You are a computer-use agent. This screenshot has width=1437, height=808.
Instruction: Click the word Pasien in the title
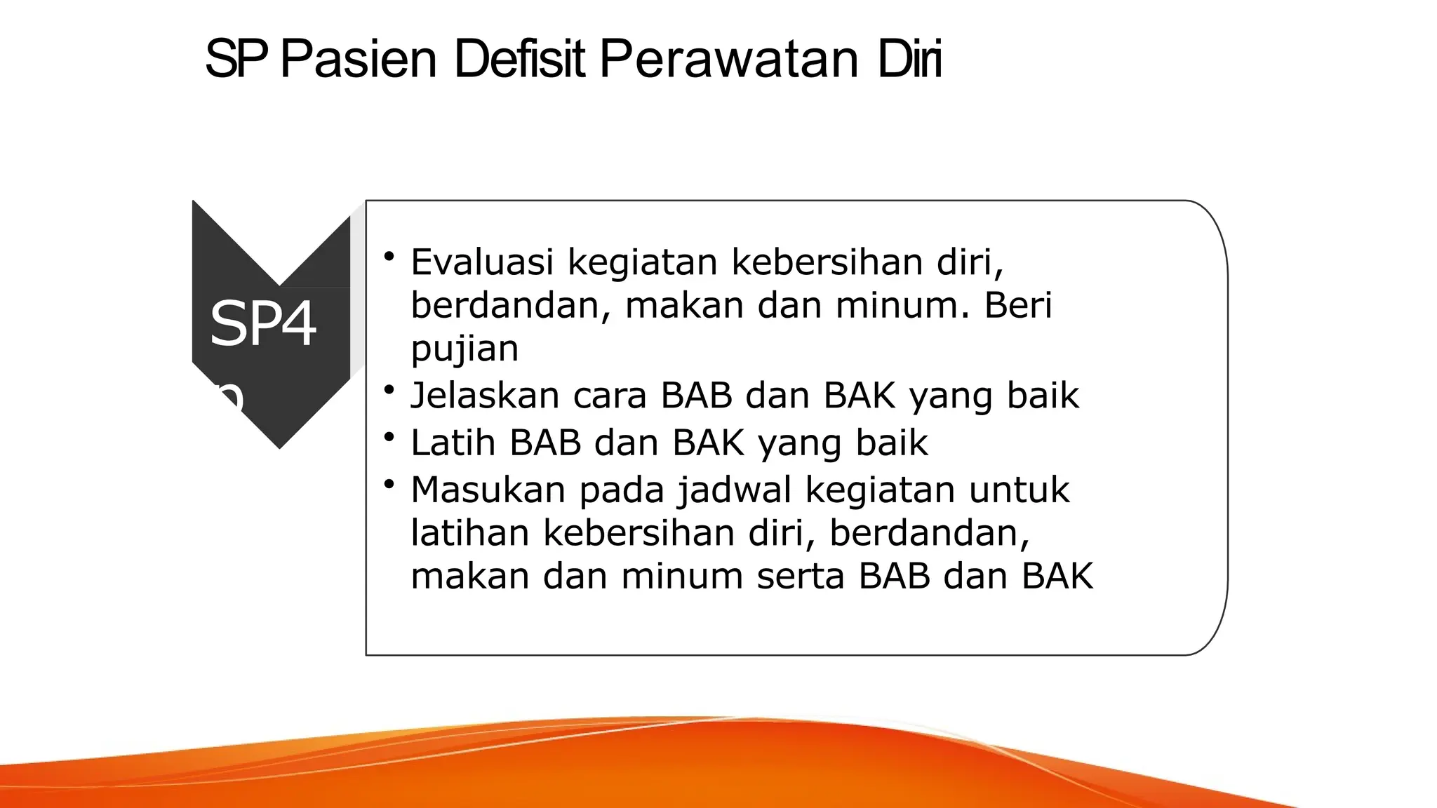(359, 59)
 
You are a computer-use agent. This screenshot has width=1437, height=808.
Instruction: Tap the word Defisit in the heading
(519, 59)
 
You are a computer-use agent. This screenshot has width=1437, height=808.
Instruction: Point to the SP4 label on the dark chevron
(262, 324)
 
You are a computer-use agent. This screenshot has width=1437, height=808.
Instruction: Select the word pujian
(464, 349)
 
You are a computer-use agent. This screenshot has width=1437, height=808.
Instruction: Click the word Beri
(1018, 306)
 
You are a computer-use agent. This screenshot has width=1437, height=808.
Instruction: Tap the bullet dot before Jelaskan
(389, 389)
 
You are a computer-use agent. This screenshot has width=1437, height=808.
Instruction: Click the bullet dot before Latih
(389, 437)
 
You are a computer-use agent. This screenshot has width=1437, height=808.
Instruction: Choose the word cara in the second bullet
(610, 396)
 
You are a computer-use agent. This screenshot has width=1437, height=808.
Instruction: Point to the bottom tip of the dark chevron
(279, 447)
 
